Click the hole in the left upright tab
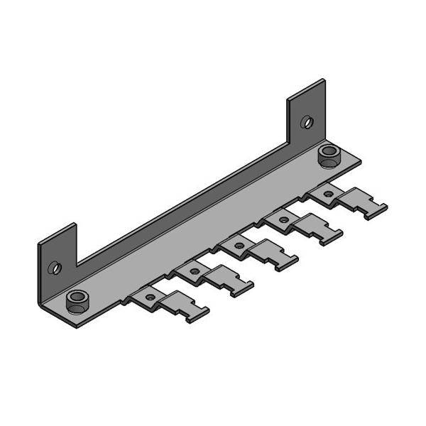(x=55, y=268)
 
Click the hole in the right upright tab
(x=307, y=121)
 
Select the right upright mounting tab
(x=307, y=114)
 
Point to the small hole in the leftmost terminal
(x=150, y=295)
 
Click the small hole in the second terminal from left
(x=195, y=271)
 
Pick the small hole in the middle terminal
(x=239, y=246)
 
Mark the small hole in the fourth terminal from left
(x=284, y=220)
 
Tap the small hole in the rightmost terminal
(x=327, y=194)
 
